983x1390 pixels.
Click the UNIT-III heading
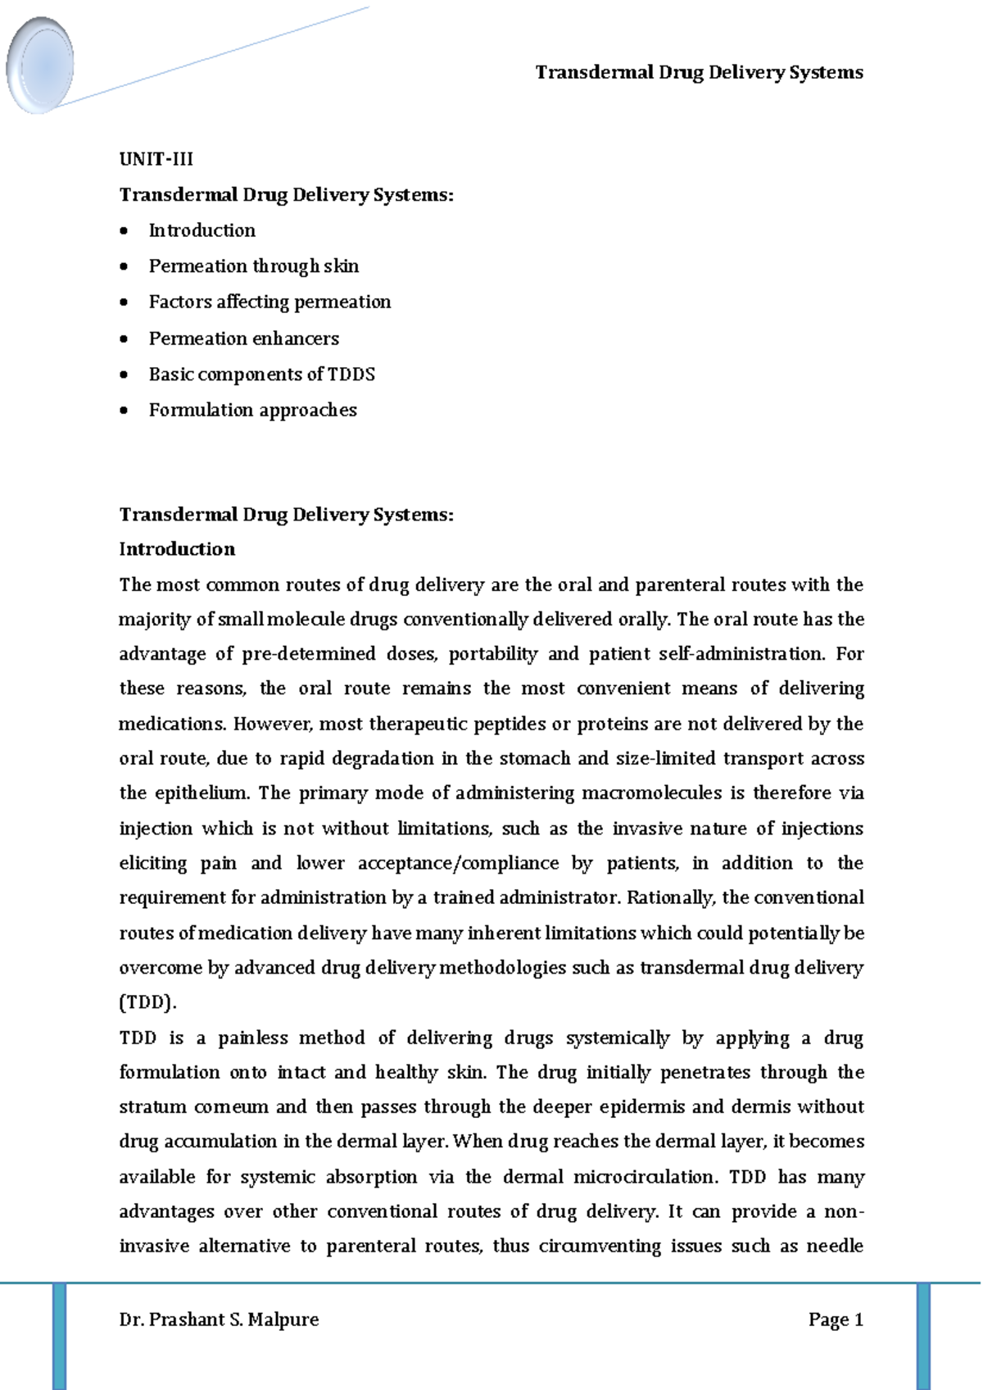click(x=156, y=159)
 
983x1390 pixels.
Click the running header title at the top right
click(x=699, y=73)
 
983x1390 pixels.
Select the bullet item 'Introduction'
click(x=202, y=230)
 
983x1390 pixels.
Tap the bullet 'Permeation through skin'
click(x=253, y=266)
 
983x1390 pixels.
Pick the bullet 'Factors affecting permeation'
click(x=270, y=302)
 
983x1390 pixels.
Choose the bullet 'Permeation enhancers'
click(x=243, y=338)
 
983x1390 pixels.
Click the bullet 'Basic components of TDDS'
click(x=261, y=375)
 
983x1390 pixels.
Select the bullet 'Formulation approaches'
click(x=252, y=410)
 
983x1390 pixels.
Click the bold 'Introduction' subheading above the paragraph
click(x=177, y=549)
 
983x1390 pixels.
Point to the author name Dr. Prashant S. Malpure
click(x=219, y=1320)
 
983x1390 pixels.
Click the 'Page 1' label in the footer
click(x=836, y=1320)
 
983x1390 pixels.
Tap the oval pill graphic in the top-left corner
click(x=39, y=66)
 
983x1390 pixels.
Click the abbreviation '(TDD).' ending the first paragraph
click(x=147, y=1002)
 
